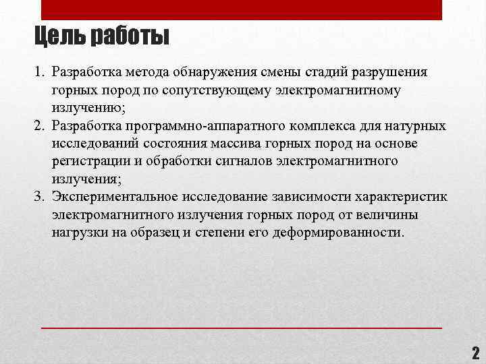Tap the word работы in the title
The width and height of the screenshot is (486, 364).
coord(126,36)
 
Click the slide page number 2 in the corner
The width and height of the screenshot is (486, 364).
coord(475,353)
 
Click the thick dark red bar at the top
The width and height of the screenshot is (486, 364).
coord(242,10)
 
